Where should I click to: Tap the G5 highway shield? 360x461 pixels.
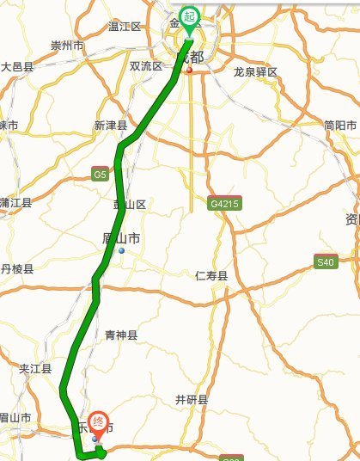(x=101, y=174)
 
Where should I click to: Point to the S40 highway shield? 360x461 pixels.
(x=325, y=262)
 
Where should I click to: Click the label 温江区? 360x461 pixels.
(x=124, y=27)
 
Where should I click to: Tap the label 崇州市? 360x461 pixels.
(x=67, y=46)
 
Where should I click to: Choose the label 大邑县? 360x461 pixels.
(x=17, y=66)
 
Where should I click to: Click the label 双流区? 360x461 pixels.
(x=145, y=66)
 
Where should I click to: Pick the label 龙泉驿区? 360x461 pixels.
(x=256, y=72)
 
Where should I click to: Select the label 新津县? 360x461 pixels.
(x=111, y=126)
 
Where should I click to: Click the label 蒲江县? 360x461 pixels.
(x=15, y=203)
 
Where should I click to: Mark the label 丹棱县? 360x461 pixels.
(x=17, y=269)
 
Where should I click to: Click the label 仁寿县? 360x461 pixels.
(x=211, y=276)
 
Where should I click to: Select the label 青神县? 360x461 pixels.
(x=120, y=335)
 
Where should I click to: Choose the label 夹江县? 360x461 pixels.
(x=35, y=369)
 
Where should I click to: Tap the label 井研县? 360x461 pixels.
(x=192, y=399)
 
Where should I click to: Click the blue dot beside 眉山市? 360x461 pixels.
(x=122, y=251)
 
